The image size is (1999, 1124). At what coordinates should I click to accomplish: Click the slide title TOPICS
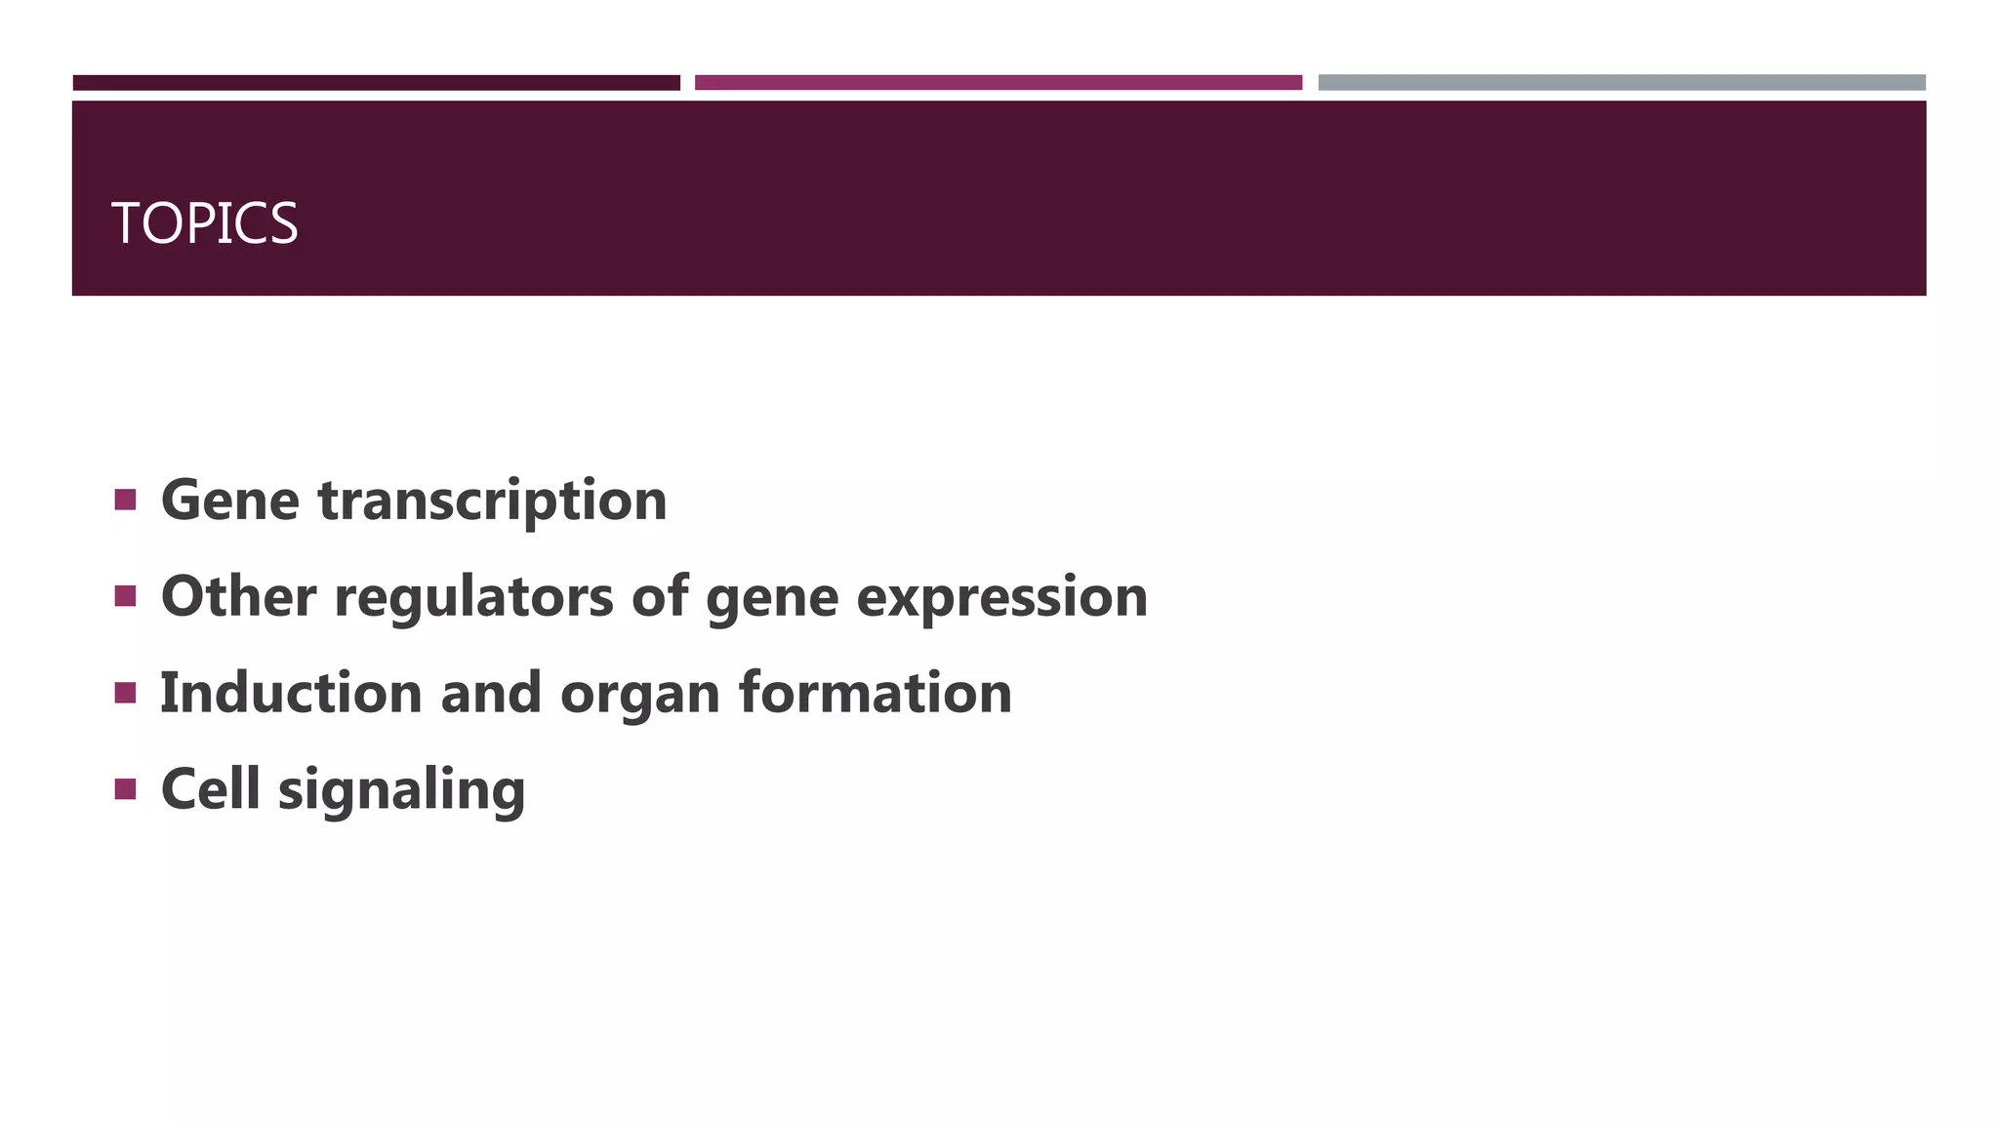click(x=204, y=223)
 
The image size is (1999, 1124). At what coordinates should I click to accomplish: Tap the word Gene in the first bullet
click(x=229, y=501)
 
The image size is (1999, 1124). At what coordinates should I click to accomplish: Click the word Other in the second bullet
click(x=238, y=596)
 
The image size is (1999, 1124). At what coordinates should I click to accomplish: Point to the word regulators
click(x=473, y=598)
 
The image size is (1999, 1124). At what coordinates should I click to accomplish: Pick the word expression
click(x=1001, y=598)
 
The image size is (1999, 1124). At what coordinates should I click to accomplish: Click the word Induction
click(x=291, y=693)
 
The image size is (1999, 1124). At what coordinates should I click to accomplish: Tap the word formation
click(x=875, y=693)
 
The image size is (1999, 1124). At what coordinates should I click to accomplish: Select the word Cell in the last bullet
click(x=210, y=788)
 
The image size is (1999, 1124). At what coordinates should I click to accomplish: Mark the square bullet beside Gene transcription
click(x=125, y=501)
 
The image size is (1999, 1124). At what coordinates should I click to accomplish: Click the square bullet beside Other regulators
click(x=125, y=596)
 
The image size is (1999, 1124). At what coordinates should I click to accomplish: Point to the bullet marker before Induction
click(x=125, y=693)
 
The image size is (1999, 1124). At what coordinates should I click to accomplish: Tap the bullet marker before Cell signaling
click(x=125, y=788)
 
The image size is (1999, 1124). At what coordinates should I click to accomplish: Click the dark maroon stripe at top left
click(x=376, y=83)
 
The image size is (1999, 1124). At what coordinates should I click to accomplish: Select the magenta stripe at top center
click(x=998, y=83)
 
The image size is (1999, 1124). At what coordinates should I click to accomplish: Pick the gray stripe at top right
click(x=1621, y=83)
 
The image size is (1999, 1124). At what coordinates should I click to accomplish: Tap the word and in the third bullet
click(x=491, y=693)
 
